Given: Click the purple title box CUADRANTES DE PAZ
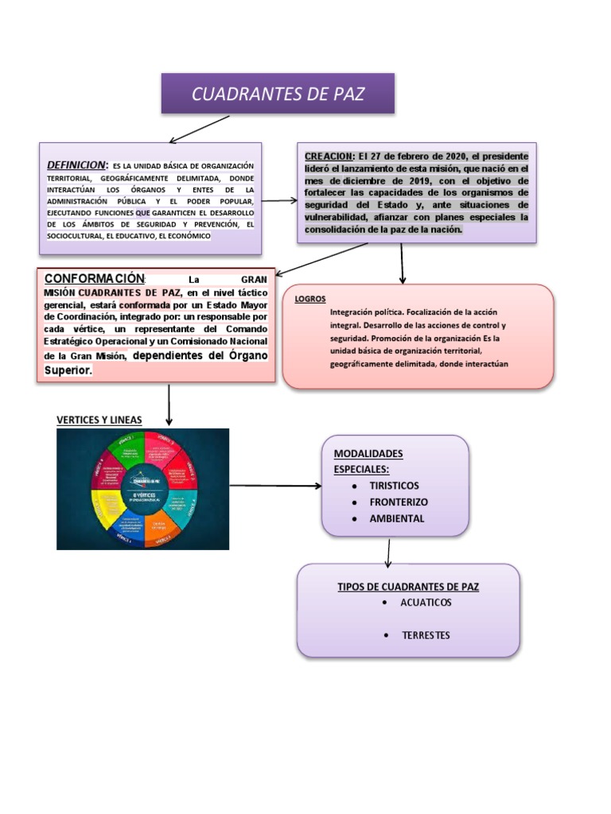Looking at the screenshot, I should (278, 94).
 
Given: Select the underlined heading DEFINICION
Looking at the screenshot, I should (76, 165).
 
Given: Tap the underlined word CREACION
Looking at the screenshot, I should (329, 156).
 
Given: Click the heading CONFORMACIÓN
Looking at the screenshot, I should (94, 278).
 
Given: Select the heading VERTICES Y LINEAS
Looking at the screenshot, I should (99, 420).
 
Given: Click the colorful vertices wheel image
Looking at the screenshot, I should (143, 489).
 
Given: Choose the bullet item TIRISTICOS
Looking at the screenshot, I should (394, 486).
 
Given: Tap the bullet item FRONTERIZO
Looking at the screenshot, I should (399, 502).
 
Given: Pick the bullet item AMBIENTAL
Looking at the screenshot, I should (397, 518).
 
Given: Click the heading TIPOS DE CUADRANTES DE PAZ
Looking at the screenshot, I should (408, 587).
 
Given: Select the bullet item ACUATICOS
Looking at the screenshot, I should (426, 603).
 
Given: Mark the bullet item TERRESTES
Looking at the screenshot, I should (426, 635).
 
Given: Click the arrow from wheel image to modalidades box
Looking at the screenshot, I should (274, 486).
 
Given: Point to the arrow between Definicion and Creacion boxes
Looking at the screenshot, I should (279, 200).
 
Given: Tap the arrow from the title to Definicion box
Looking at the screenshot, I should (198, 130).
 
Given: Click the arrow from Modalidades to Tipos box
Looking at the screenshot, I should (388, 552).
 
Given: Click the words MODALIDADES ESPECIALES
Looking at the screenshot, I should (368, 461).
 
